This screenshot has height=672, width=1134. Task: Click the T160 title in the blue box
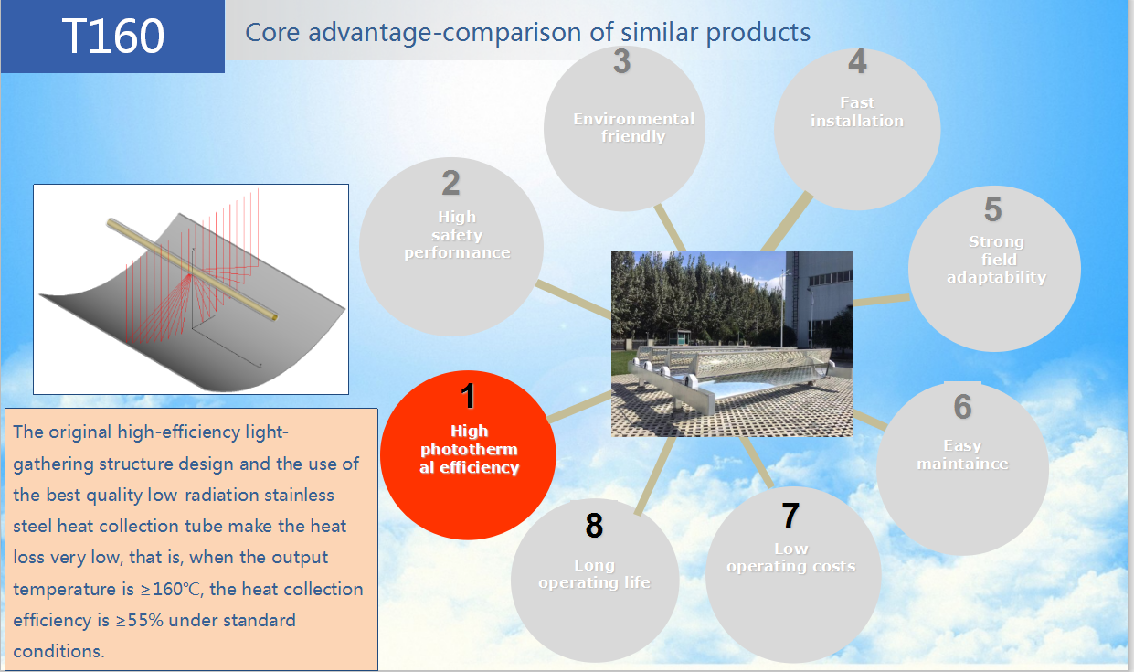pos(113,36)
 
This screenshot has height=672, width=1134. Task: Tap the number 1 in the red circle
pos(468,396)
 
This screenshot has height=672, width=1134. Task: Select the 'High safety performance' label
pos(457,234)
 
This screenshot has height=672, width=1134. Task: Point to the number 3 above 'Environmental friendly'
pos(622,61)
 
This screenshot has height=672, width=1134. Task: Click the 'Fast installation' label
pos(857,112)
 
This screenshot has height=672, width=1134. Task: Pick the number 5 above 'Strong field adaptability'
pos(992,209)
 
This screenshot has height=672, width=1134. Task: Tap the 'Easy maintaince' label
pos(962,454)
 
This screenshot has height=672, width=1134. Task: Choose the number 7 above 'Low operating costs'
pos(790,516)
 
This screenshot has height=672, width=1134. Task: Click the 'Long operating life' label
pos(594,574)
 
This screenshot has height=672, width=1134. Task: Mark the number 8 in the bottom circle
pos(594,525)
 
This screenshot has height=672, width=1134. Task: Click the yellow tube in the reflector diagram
pos(193,270)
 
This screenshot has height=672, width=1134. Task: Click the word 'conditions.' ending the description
pos(58,651)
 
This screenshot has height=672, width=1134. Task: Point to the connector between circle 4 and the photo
pos(786,223)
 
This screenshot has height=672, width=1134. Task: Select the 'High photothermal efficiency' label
pos(470,449)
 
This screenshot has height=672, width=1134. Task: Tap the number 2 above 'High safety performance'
pos(450,183)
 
